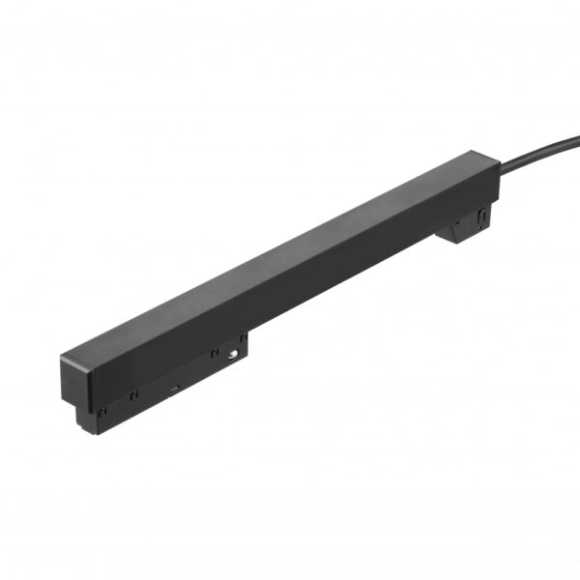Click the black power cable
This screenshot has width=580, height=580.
[541, 158]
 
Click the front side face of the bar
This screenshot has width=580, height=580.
[290, 290]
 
